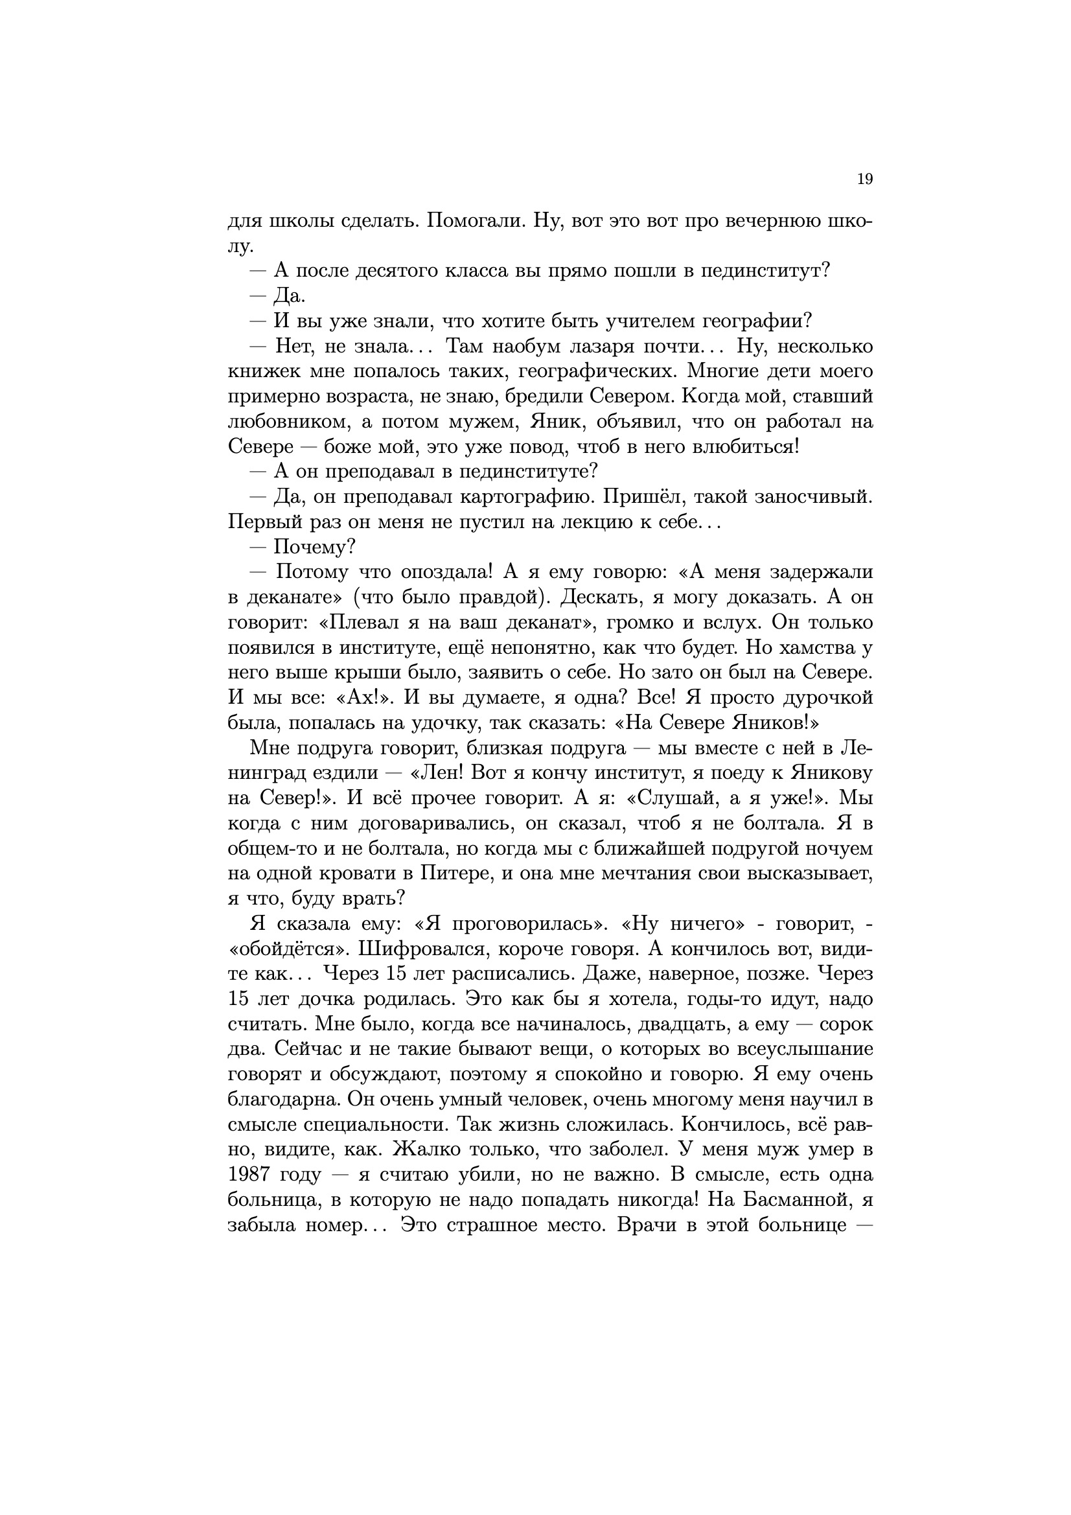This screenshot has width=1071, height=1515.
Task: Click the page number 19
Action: tap(864, 179)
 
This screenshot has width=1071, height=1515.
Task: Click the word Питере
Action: tap(451, 873)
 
